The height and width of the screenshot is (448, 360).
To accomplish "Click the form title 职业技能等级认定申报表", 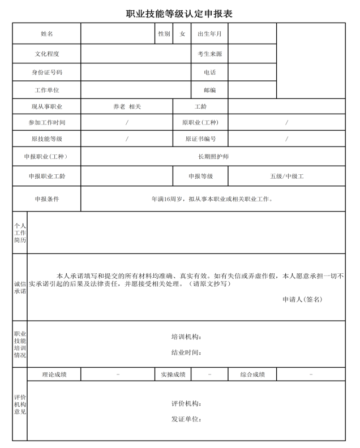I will pos(179,14).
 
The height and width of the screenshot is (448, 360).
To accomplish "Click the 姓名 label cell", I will pos(47,34).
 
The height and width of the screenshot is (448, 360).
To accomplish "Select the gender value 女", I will pos(182,34).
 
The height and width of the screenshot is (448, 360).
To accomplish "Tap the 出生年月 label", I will pos(209,34).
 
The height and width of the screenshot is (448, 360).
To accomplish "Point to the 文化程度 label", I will pos(47,54).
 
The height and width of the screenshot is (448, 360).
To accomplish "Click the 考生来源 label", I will pos(209,54).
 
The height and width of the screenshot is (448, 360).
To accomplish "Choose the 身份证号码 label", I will pos(47,72).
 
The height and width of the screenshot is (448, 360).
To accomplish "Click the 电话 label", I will pos(209,72).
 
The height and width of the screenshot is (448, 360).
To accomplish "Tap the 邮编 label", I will pos(209,90).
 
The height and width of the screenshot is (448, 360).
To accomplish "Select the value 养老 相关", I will pos(127,106).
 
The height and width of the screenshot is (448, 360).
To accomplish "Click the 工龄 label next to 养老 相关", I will pos(200,106).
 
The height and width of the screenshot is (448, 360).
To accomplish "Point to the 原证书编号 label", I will pos(200,139).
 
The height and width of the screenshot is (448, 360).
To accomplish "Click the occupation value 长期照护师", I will pos(213,156).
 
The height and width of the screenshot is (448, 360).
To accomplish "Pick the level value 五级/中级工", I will pos(286,176).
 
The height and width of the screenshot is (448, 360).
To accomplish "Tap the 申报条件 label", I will pos(47,199).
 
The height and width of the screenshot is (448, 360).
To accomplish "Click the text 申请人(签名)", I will pos(302,299).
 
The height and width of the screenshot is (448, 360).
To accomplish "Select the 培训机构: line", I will pos(186,337).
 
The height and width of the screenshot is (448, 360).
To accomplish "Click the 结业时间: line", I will pos(186,352).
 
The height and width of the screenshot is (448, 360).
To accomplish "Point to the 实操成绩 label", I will pos(173,374).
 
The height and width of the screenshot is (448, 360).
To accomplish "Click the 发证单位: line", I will pos(186,419).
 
